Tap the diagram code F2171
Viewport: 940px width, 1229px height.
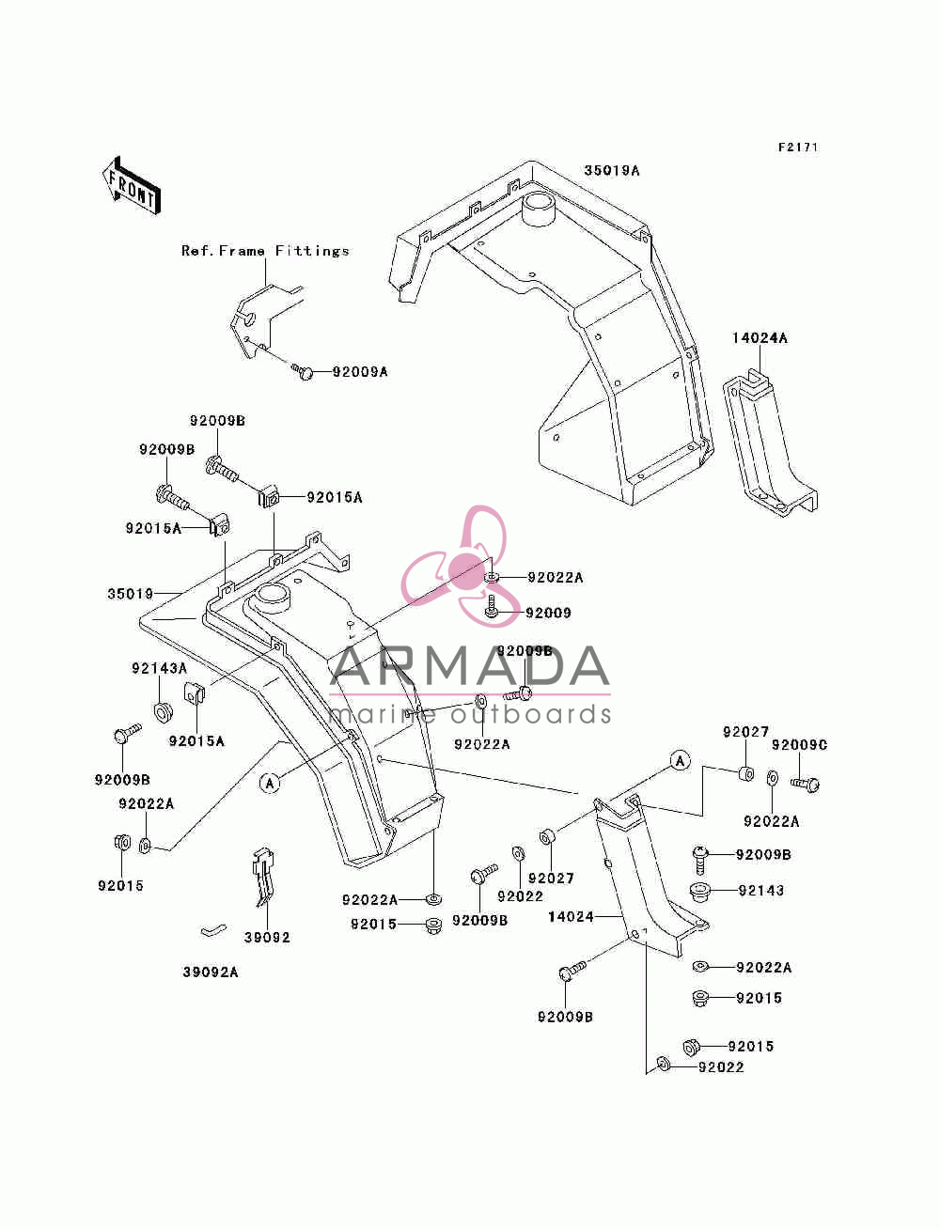798,148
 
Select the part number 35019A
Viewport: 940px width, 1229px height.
612,170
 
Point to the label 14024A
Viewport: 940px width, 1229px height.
760,338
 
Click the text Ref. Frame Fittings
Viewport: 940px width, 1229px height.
265,251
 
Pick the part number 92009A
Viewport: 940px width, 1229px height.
360,372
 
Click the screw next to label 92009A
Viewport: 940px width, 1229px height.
303,371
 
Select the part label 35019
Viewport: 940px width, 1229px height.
130,594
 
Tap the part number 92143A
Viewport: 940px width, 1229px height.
159,668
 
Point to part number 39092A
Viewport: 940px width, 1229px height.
211,972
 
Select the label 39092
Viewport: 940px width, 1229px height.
267,938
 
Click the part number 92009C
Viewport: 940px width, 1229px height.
799,745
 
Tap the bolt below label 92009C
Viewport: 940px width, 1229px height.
805,785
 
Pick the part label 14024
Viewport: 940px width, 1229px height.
571,916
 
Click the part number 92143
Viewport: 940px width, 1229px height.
760,890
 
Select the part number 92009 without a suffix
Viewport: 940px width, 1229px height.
548,613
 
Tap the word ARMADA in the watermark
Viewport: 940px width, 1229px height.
469,666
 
